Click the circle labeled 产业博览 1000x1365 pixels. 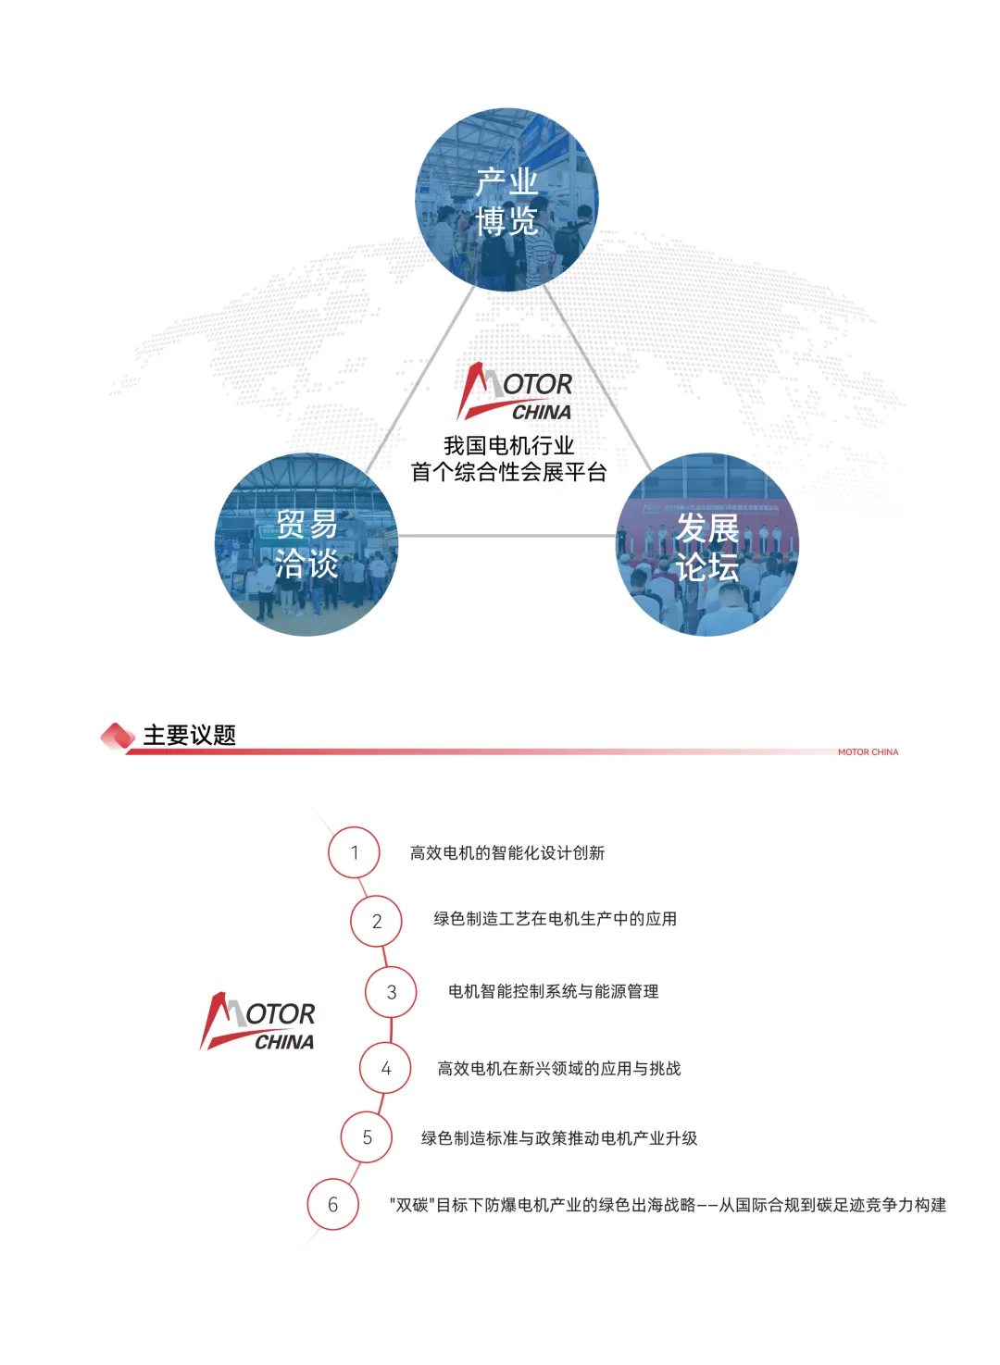tap(506, 200)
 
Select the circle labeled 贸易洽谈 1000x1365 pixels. tap(306, 544)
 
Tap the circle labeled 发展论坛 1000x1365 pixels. tap(707, 544)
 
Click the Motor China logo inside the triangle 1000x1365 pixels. tap(516, 392)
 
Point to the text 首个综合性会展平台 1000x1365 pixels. tap(508, 472)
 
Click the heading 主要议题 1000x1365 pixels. tap(190, 736)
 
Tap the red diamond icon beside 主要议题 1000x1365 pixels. tap(118, 737)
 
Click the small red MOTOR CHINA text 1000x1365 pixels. tap(868, 752)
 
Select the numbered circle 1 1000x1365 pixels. tap(354, 852)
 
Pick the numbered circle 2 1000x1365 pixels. tap(376, 921)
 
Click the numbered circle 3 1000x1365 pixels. tap(391, 992)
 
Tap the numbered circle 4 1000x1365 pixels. tap(385, 1069)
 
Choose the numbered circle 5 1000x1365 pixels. tap(367, 1137)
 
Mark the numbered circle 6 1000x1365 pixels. tap(332, 1204)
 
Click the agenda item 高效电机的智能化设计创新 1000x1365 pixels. tap(507, 853)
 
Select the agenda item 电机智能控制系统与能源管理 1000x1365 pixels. tap(553, 992)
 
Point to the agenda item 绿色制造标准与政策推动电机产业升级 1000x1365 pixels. tap(559, 1138)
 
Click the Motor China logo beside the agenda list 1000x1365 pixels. tap(258, 1022)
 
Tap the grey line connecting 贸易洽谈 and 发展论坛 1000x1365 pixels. tap(506, 536)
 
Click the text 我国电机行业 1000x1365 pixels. tap(508, 445)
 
